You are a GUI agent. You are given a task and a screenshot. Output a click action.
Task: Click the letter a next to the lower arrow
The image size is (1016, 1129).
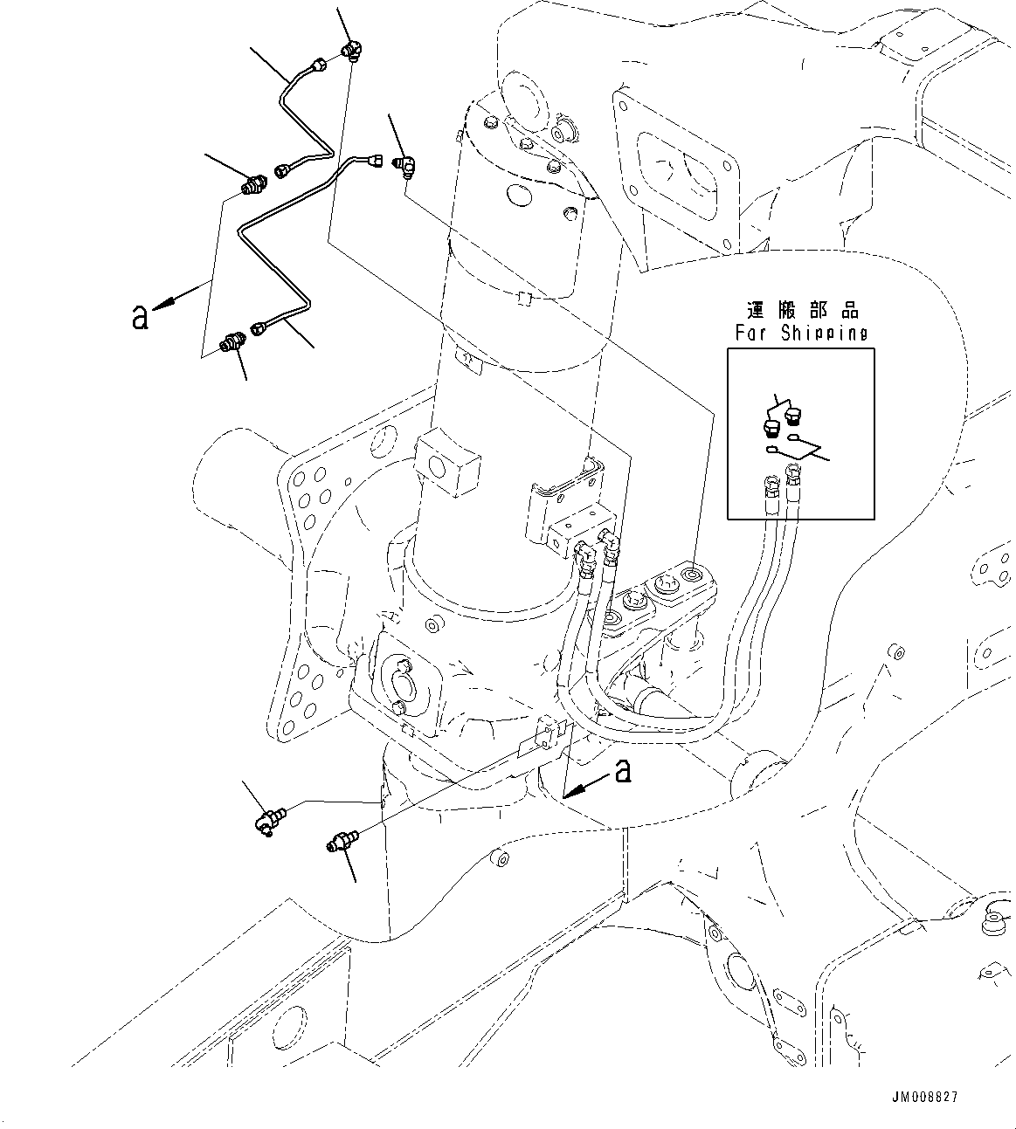pos(623,770)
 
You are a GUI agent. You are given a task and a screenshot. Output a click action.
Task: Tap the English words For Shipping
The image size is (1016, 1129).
pos(801,334)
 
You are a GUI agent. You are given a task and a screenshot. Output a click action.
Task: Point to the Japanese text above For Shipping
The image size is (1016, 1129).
pos(802,311)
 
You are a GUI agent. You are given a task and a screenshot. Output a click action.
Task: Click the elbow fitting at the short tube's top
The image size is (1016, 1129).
pos(352,52)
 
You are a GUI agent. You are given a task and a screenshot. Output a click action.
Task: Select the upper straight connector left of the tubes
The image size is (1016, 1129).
pos(253,185)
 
